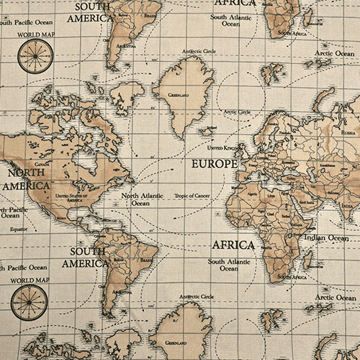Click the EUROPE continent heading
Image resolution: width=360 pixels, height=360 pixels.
(214, 164)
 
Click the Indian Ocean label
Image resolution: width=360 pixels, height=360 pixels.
(326, 238)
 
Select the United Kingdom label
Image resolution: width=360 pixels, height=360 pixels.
(221, 148)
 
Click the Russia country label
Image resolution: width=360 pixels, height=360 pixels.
(348, 132)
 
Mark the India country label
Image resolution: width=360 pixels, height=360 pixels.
(346, 206)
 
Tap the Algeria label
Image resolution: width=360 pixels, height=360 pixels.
(251, 194)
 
